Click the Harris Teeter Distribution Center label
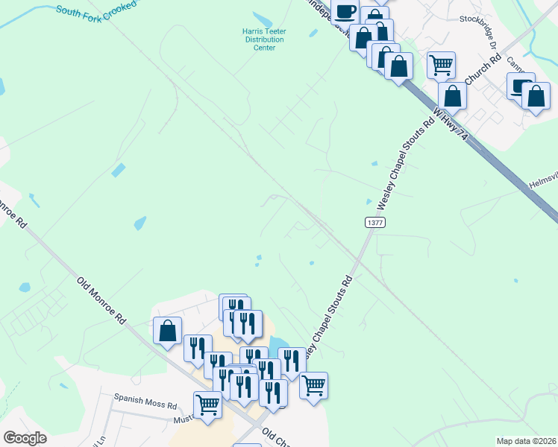click(x=260, y=39)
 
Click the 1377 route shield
click(x=374, y=223)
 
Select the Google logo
click(x=25, y=437)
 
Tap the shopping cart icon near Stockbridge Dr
click(x=441, y=65)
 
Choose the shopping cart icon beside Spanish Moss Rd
click(x=207, y=405)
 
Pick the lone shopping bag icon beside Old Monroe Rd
click(x=167, y=330)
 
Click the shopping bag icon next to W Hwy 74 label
click(x=452, y=95)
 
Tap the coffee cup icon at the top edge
click(x=345, y=11)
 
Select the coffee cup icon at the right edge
click(x=520, y=85)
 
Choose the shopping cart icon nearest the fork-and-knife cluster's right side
click(x=313, y=385)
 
